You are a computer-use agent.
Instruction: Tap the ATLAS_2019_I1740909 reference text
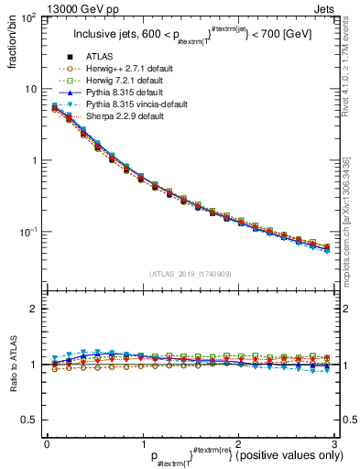pyautogui.click(x=191, y=274)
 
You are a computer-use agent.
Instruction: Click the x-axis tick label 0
pyautogui.click(x=47, y=442)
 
